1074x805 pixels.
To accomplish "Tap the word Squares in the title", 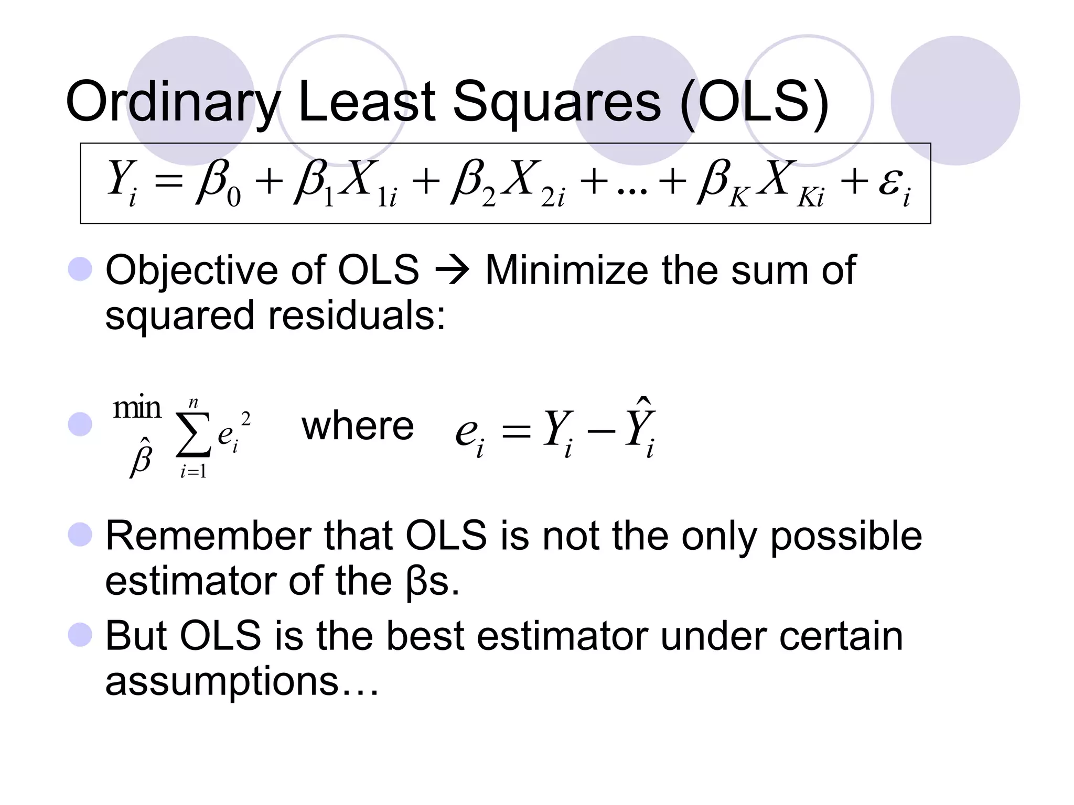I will pyautogui.click(x=556, y=102).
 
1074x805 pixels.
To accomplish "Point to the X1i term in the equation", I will pyautogui.click(x=367, y=183).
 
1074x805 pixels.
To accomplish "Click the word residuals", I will pyautogui.click(x=357, y=316).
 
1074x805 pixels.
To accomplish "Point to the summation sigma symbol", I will pyautogui.click(x=193, y=435).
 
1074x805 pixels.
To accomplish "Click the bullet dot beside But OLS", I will pyautogui.click(x=80, y=635).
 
